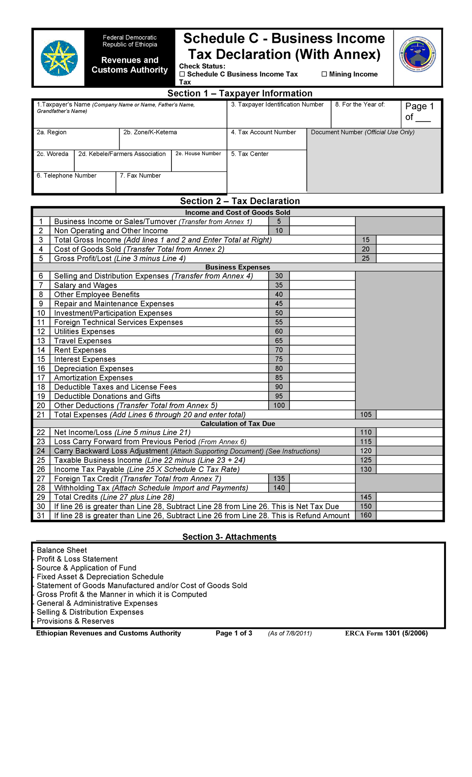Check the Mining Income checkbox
pos(324,74)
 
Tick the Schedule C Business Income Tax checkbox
pos(182,74)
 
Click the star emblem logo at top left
pos(59,58)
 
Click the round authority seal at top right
pos(418,57)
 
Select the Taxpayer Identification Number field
pos(278,117)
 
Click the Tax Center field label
pos(250,154)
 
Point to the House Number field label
pos(198,154)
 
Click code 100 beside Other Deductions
pos(279,405)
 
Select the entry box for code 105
pos(409,414)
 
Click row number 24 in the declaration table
pos(41,451)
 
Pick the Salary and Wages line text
pos(86,285)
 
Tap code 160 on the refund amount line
pos(366,515)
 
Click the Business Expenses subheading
pos(238,267)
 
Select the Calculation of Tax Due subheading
pos(238,423)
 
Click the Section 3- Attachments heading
pos(229,537)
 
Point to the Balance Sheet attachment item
pos(62,551)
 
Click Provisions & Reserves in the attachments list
pos(75,621)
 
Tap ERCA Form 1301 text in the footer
pos(386,633)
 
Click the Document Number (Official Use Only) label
pos(363,133)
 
